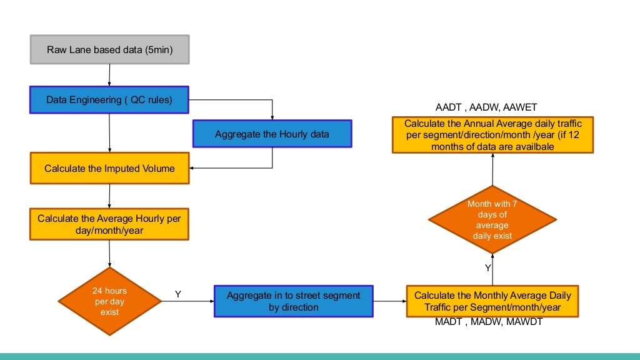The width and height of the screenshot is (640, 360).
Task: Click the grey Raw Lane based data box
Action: (x=109, y=49)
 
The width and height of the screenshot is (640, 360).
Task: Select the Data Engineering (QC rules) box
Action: (x=109, y=99)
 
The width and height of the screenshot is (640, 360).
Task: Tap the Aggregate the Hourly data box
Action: (x=272, y=134)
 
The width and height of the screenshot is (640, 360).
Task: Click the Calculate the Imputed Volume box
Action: (x=109, y=168)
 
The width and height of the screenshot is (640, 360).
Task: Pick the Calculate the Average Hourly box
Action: (x=109, y=224)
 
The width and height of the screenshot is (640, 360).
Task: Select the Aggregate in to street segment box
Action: (x=294, y=301)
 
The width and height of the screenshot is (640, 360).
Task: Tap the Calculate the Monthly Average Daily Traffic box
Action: (x=492, y=301)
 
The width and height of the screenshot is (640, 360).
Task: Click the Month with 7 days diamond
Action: (x=492, y=219)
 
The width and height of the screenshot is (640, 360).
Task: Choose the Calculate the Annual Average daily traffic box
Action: (x=492, y=134)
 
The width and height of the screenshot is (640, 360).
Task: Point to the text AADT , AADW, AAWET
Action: (x=486, y=107)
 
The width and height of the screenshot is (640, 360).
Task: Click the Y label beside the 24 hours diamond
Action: (x=178, y=294)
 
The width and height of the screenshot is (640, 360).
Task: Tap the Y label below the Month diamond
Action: (x=487, y=267)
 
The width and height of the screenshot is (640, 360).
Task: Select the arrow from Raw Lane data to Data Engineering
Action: (x=109, y=75)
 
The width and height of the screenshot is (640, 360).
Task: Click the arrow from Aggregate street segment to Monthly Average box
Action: (x=390, y=301)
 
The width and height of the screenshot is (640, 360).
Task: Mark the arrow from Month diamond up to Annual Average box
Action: (x=492, y=169)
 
